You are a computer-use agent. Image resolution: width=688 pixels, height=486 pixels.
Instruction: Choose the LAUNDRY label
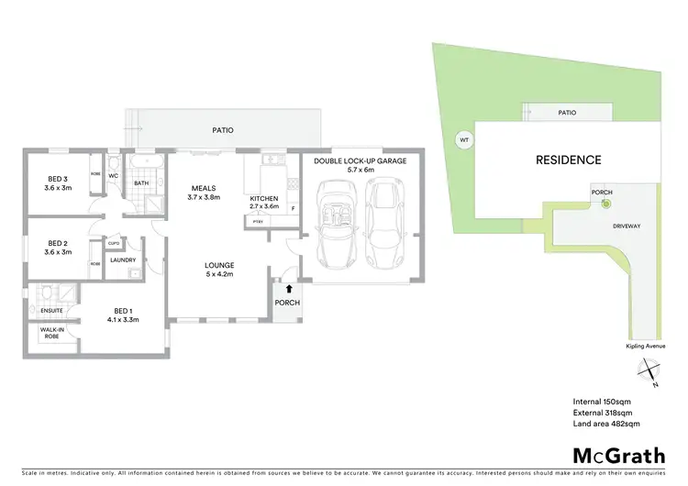pyautogui.click(x=122, y=260)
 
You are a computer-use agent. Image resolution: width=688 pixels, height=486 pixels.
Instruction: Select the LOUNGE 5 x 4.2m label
pyautogui.click(x=220, y=268)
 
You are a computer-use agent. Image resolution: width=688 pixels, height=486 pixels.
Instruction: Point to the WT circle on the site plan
pyautogui.click(x=463, y=139)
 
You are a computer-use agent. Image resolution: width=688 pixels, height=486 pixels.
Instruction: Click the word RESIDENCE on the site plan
pyautogui.click(x=568, y=160)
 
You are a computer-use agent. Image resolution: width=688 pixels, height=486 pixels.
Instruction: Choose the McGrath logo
pyautogui.click(x=619, y=456)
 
